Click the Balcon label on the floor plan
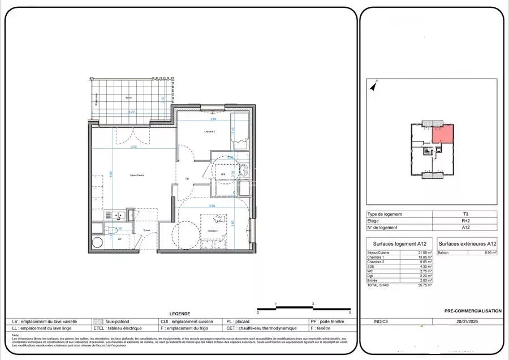129,98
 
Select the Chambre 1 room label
212,231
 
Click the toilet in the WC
113,230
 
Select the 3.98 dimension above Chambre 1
212,205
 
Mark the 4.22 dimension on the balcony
131,112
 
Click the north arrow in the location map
373,87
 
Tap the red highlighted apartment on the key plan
443,134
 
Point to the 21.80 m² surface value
424,252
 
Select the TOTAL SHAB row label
378,285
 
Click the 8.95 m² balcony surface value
489,252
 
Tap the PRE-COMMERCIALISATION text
473,311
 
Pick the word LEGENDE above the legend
180,314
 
